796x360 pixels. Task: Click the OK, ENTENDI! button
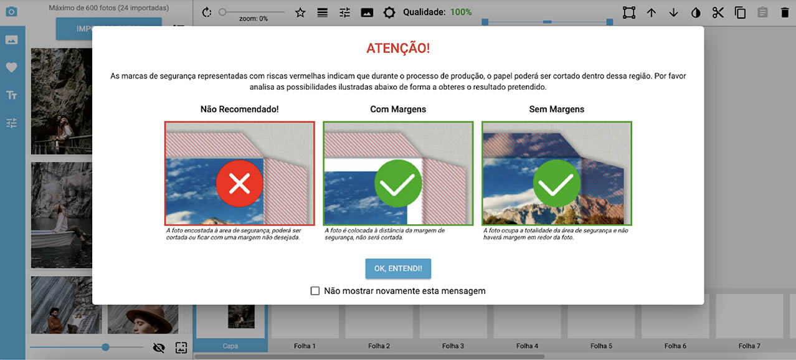tap(398, 268)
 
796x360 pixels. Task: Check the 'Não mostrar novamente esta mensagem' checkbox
tap(315, 291)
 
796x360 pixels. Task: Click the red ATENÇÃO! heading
tap(398, 49)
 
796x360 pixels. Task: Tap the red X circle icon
tap(240, 184)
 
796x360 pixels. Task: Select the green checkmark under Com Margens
tap(398, 184)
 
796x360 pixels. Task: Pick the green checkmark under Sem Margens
tap(557, 184)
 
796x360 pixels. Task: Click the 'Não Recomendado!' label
tap(239, 109)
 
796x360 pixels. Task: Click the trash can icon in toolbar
tap(784, 12)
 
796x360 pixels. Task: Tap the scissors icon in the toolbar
tap(718, 12)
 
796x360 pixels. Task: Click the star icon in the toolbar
tap(300, 12)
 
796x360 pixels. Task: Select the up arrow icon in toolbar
tap(651, 12)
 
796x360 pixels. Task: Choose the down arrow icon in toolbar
tap(673, 12)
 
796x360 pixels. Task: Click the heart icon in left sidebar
tap(11, 68)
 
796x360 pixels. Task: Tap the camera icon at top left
tap(11, 12)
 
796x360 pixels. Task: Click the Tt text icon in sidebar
tap(11, 95)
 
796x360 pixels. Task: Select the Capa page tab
tap(230, 346)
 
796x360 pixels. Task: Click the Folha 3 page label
tap(453, 346)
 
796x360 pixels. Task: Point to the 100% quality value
tap(461, 12)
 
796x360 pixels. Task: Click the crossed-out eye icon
tap(159, 348)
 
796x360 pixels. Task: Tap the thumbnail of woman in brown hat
tap(143, 318)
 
